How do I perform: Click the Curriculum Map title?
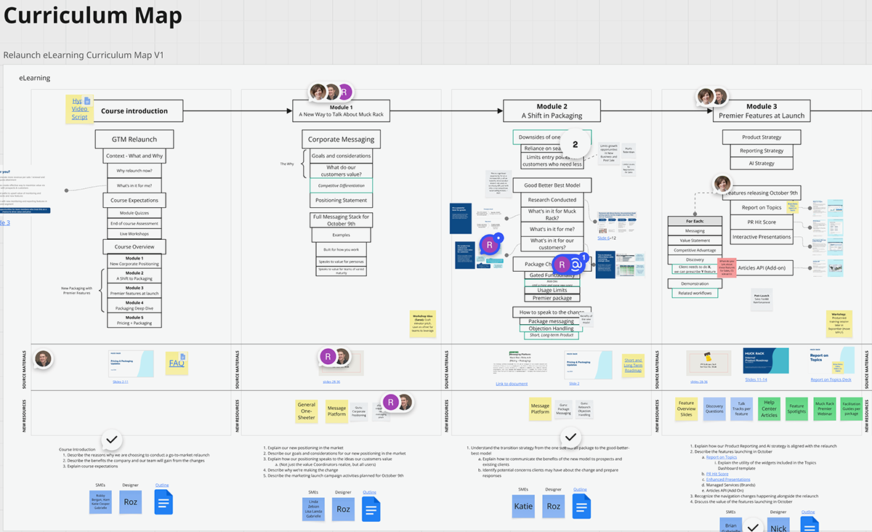click(x=92, y=15)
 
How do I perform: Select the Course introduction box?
click(x=134, y=111)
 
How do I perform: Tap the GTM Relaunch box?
click(x=134, y=140)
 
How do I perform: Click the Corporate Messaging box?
click(x=341, y=139)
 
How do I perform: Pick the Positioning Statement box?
click(x=341, y=200)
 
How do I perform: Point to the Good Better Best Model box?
click(x=552, y=185)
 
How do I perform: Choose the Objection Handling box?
click(x=551, y=329)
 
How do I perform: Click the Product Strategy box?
click(x=762, y=137)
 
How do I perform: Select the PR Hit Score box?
click(x=762, y=222)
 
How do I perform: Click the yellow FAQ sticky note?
click(x=177, y=363)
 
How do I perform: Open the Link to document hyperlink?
click(x=512, y=384)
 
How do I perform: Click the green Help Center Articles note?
click(x=769, y=409)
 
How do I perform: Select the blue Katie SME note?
click(x=523, y=507)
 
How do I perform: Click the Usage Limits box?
click(x=552, y=290)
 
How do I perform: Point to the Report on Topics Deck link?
click(x=831, y=379)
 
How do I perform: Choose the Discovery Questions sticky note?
click(x=714, y=409)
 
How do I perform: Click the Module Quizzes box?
click(x=134, y=213)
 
